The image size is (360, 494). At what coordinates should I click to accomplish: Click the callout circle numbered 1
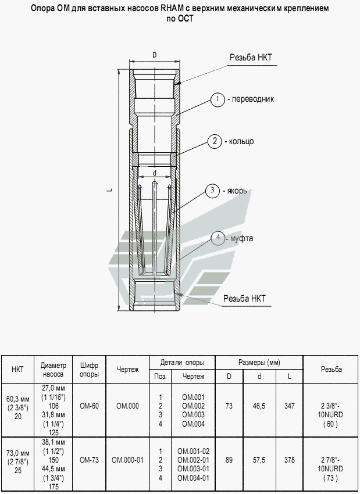click(x=218, y=99)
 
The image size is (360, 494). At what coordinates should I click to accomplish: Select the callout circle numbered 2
click(x=215, y=141)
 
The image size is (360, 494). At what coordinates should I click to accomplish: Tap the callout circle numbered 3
click(x=213, y=191)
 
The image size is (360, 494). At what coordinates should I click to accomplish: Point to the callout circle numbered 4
click(x=218, y=238)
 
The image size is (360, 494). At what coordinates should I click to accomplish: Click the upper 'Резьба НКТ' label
click(x=251, y=58)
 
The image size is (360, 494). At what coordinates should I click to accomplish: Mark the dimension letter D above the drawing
click(x=154, y=55)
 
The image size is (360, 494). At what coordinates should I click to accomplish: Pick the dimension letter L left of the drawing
click(x=111, y=189)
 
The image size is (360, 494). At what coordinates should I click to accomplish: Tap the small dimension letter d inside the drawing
click(x=154, y=173)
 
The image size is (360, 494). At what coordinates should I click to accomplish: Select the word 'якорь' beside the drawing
click(x=237, y=191)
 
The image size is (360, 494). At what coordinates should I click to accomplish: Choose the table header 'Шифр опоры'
click(x=89, y=370)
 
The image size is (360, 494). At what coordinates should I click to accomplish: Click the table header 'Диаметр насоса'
click(x=54, y=370)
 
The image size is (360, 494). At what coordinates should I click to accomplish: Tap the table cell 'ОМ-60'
click(x=89, y=406)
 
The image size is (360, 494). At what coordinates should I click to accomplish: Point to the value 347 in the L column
click(x=289, y=406)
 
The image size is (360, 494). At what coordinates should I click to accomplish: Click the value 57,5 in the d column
click(x=259, y=460)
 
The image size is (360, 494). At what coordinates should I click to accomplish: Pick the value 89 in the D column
click(x=229, y=460)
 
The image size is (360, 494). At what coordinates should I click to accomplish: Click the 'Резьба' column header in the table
click(x=330, y=370)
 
